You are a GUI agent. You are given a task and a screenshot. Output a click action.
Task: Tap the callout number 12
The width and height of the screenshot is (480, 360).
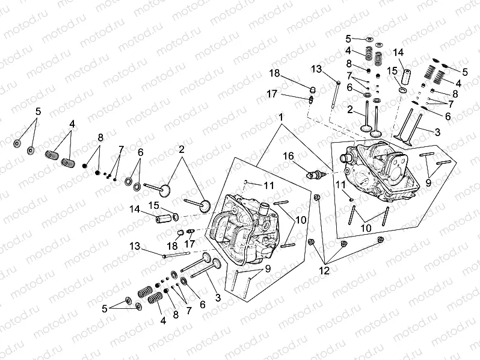[x=324, y=271]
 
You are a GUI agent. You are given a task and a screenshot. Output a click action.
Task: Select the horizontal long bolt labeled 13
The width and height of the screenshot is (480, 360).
[x=183, y=255]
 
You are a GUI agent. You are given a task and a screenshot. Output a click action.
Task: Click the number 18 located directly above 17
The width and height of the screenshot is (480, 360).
[x=274, y=73]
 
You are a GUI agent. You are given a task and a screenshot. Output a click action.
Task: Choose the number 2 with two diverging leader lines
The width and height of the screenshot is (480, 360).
[x=180, y=148]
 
